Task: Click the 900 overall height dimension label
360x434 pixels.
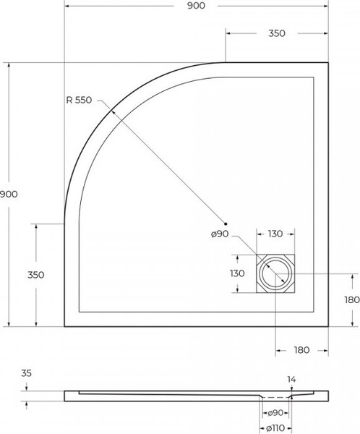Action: coord(9,194)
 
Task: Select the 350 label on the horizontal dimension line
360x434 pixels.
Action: coord(276,33)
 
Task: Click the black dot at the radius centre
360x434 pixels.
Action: coord(226,224)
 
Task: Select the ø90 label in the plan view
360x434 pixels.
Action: coord(220,234)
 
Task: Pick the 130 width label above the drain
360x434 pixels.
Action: coord(275,234)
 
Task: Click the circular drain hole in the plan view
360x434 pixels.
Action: coord(275,274)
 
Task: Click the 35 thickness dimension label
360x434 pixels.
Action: coord(26,375)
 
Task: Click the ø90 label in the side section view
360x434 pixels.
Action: coord(275,413)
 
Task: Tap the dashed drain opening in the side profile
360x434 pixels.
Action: coord(275,397)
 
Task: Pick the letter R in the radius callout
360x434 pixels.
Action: coord(68,100)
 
